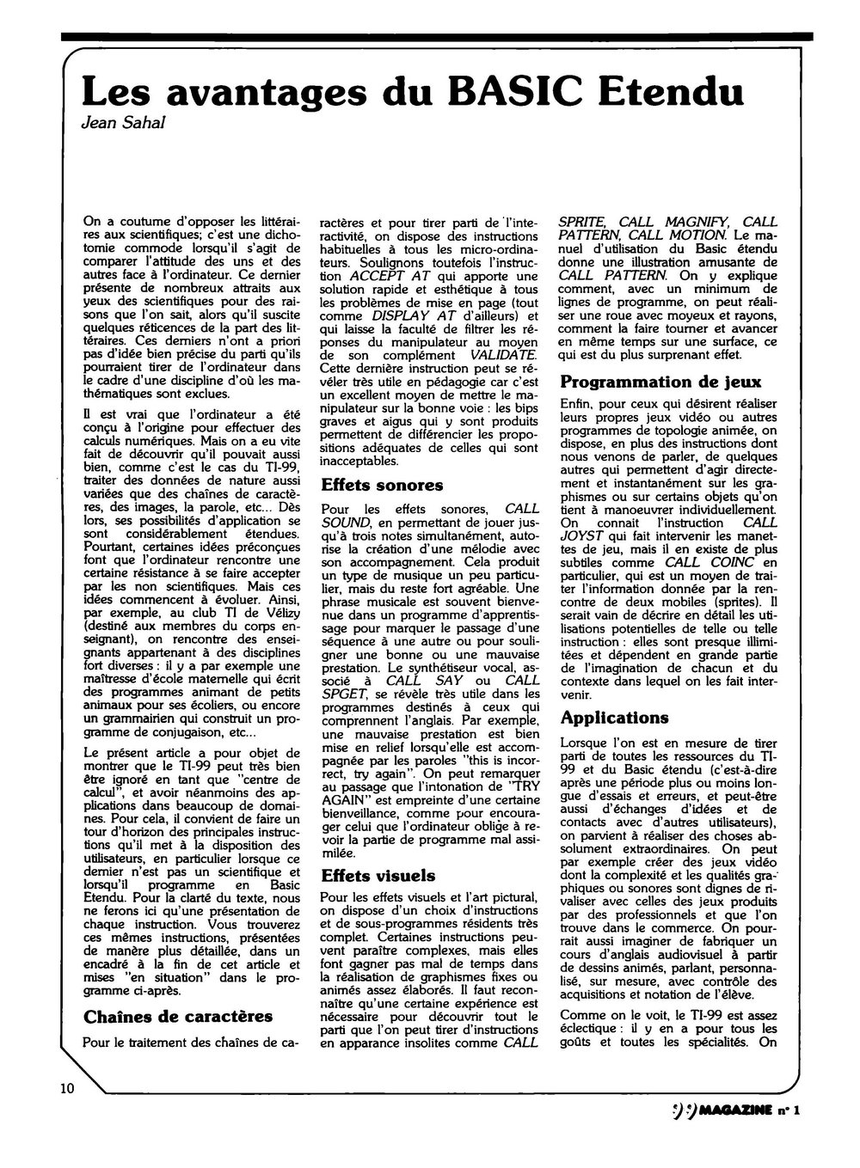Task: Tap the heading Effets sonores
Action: [x=382, y=486]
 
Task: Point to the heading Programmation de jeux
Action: [x=660, y=382]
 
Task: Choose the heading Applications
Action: [x=614, y=717]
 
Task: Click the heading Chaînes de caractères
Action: [x=178, y=1017]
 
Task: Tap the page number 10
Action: [x=69, y=1089]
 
